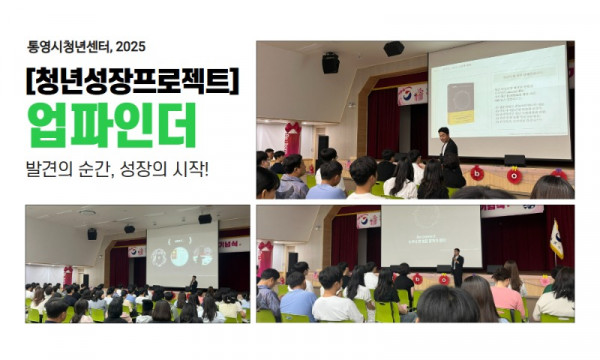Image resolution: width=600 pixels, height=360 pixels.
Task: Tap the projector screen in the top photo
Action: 498,100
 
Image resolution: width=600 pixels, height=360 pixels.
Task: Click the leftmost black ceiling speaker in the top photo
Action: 330,63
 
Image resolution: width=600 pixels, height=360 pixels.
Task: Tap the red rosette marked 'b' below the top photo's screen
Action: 477,173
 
